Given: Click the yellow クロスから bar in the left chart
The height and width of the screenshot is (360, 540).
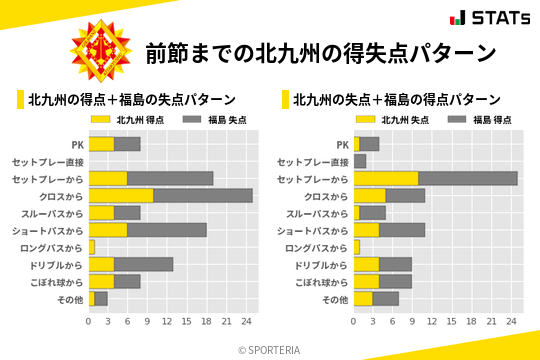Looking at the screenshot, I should coord(121,195).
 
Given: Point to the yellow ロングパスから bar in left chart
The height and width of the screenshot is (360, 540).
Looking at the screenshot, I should coord(92,246).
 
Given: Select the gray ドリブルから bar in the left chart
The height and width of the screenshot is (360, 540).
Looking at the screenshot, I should coord(144,264).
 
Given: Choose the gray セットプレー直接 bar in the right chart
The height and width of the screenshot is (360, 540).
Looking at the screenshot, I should coord(360,161).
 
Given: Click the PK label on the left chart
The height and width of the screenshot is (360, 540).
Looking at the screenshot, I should coord(77,144).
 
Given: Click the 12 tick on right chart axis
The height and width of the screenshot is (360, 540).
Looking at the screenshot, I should coord(432,321).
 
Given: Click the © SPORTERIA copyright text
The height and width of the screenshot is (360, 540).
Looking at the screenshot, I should coord(270,349).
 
